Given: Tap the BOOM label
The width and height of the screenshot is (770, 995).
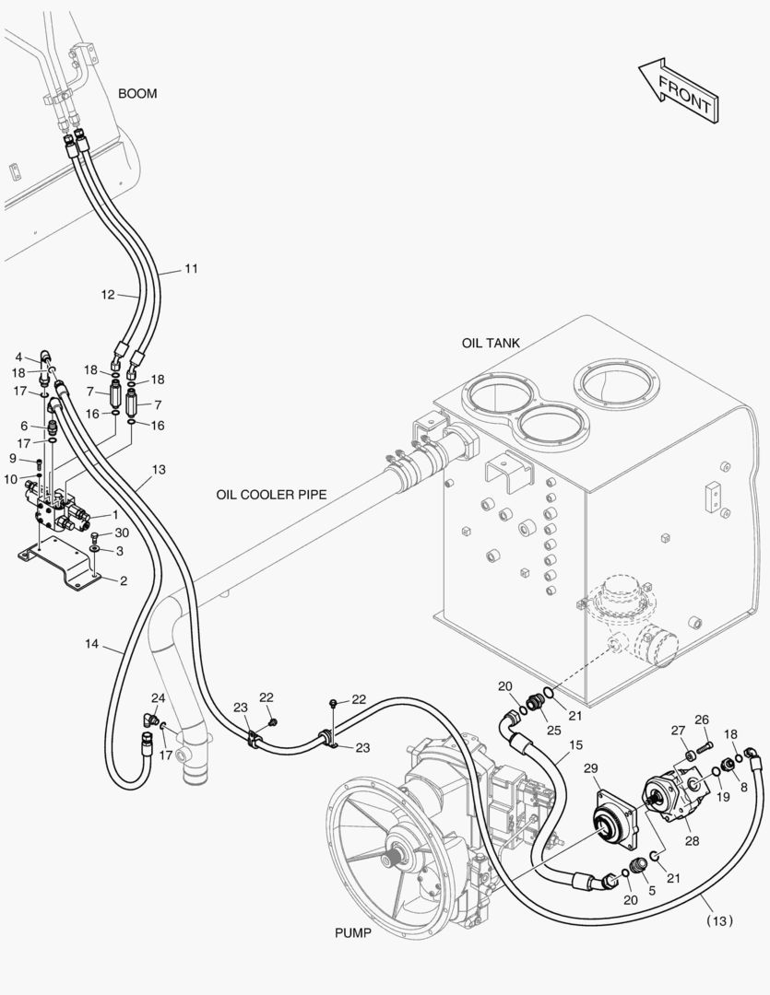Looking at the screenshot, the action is tap(137, 93).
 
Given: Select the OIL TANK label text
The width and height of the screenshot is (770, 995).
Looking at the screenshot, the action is tap(491, 344).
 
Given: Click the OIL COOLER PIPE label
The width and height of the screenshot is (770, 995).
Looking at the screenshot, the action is tap(271, 495).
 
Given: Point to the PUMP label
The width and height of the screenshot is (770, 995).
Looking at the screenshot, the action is tap(353, 932).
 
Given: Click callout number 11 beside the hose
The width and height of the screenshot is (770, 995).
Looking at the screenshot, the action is tap(191, 269).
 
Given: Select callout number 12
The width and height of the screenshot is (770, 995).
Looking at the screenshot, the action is tap(108, 295).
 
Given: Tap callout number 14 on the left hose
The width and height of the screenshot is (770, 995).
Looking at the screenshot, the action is tap(92, 644).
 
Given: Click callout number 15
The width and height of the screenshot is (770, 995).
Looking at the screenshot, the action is tap(575, 745).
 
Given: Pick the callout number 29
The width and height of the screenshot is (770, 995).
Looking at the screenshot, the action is tap(591, 768).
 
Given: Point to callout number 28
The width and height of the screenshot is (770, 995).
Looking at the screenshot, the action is tap(692, 841).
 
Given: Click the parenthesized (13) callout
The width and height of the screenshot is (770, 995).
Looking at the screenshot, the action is tap(720, 920).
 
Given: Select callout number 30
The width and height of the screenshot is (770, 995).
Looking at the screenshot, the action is tap(122, 533).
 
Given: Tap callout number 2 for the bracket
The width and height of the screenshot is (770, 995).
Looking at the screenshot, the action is tap(124, 580).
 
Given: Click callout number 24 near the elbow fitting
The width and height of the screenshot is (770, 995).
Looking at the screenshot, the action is tap(159, 698).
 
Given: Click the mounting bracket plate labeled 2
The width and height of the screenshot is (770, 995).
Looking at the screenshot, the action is tap(57, 564).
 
